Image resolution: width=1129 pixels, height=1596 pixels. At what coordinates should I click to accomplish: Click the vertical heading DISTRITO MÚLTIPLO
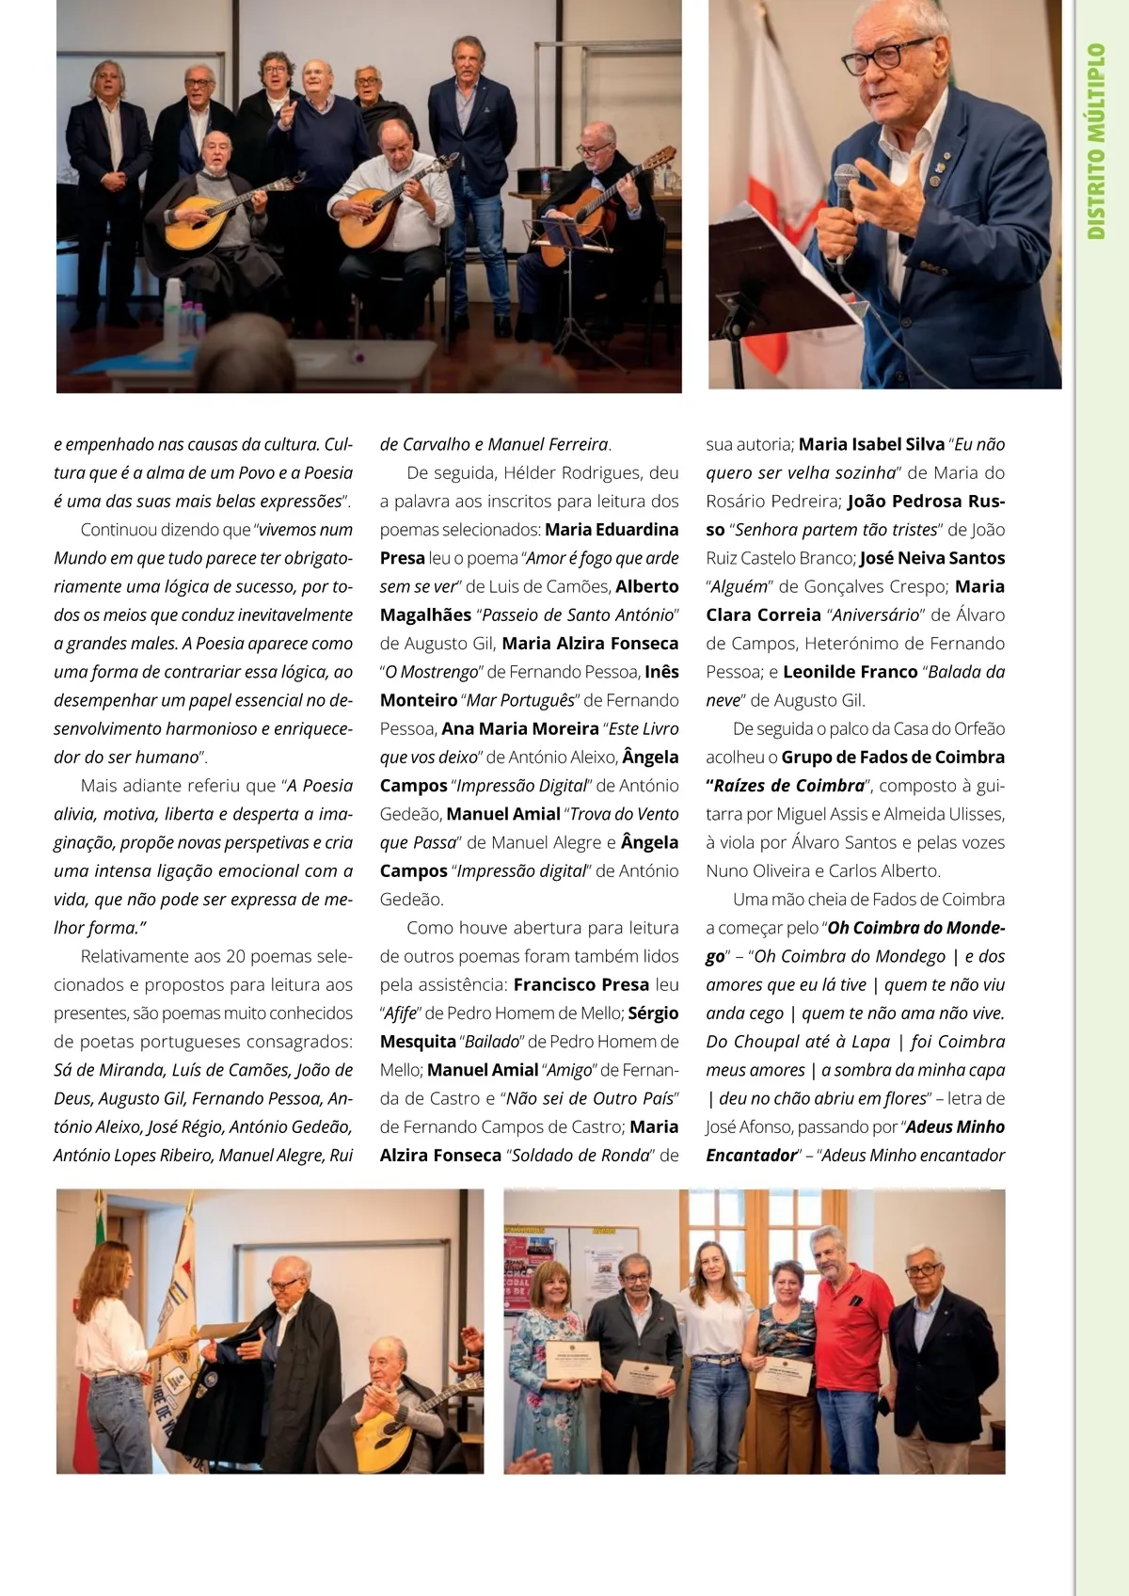[x=1096, y=141]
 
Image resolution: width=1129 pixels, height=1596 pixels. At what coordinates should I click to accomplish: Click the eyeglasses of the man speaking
[x=884, y=56]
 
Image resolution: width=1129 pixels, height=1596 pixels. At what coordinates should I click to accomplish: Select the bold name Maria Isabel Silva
[x=871, y=444]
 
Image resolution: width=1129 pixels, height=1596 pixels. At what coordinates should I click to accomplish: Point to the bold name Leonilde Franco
[x=850, y=672]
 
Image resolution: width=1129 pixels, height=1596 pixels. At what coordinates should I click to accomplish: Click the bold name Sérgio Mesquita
[x=530, y=1028]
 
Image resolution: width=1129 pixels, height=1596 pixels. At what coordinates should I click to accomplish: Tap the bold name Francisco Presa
[x=581, y=984]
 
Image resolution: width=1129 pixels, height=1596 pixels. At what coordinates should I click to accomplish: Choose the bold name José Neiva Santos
[x=932, y=558]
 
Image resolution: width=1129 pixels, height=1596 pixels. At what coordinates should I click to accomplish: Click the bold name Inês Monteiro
[x=530, y=686]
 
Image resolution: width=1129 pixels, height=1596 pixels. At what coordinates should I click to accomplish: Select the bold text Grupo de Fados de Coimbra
[x=893, y=757]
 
